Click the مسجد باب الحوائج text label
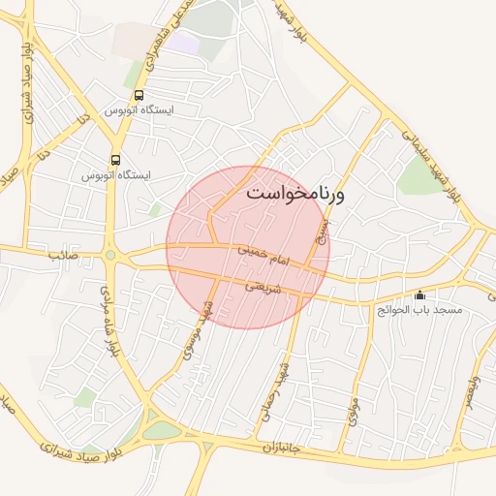click(420, 310)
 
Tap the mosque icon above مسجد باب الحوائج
click(419, 295)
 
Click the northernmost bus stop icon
click(139, 96)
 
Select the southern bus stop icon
click(116, 161)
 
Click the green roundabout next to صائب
click(110, 256)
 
